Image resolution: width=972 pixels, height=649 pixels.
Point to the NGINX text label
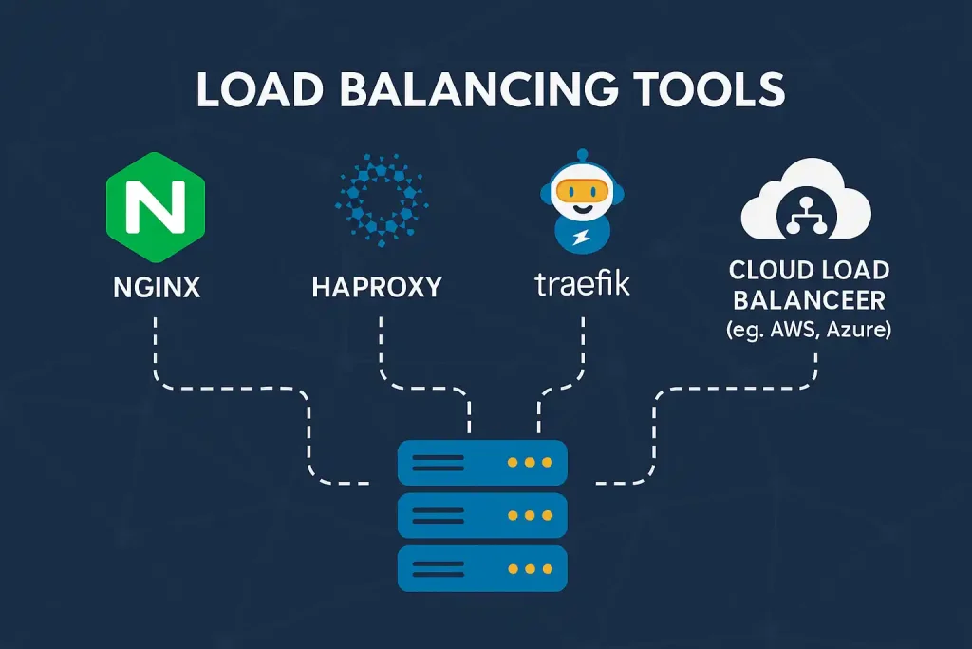click(x=156, y=286)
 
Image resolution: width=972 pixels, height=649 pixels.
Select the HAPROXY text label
click(x=377, y=286)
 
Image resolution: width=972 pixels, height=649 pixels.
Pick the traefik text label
click(x=580, y=283)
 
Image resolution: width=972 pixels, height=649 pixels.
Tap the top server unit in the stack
click(x=482, y=463)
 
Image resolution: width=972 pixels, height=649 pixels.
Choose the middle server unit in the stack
click(x=482, y=515)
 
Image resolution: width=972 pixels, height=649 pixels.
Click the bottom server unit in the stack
click(x=482, y=568)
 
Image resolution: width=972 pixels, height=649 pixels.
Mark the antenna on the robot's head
click(x=580, y=155)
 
